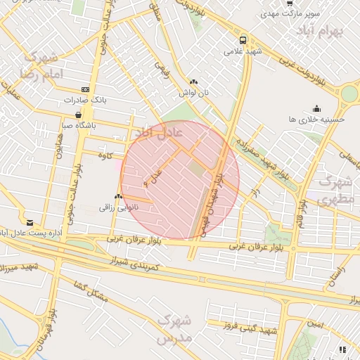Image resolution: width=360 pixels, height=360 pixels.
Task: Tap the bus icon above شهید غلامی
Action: tap(243, 40)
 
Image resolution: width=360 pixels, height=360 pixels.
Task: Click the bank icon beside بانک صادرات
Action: tap(85, 89)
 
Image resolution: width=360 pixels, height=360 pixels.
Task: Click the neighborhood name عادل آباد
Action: tap(158, 131)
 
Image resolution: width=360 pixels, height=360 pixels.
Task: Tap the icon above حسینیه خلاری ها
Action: tap(317, 108)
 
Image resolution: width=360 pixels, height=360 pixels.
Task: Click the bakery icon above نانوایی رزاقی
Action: tap(118, 197)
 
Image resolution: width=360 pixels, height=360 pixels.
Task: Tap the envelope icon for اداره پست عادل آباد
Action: tap(30, 222)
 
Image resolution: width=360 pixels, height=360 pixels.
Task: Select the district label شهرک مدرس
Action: tap(174, 329)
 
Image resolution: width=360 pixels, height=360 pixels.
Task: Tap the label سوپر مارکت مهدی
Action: tap(290, 13)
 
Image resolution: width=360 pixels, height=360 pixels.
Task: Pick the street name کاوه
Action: tap(106, 155)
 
